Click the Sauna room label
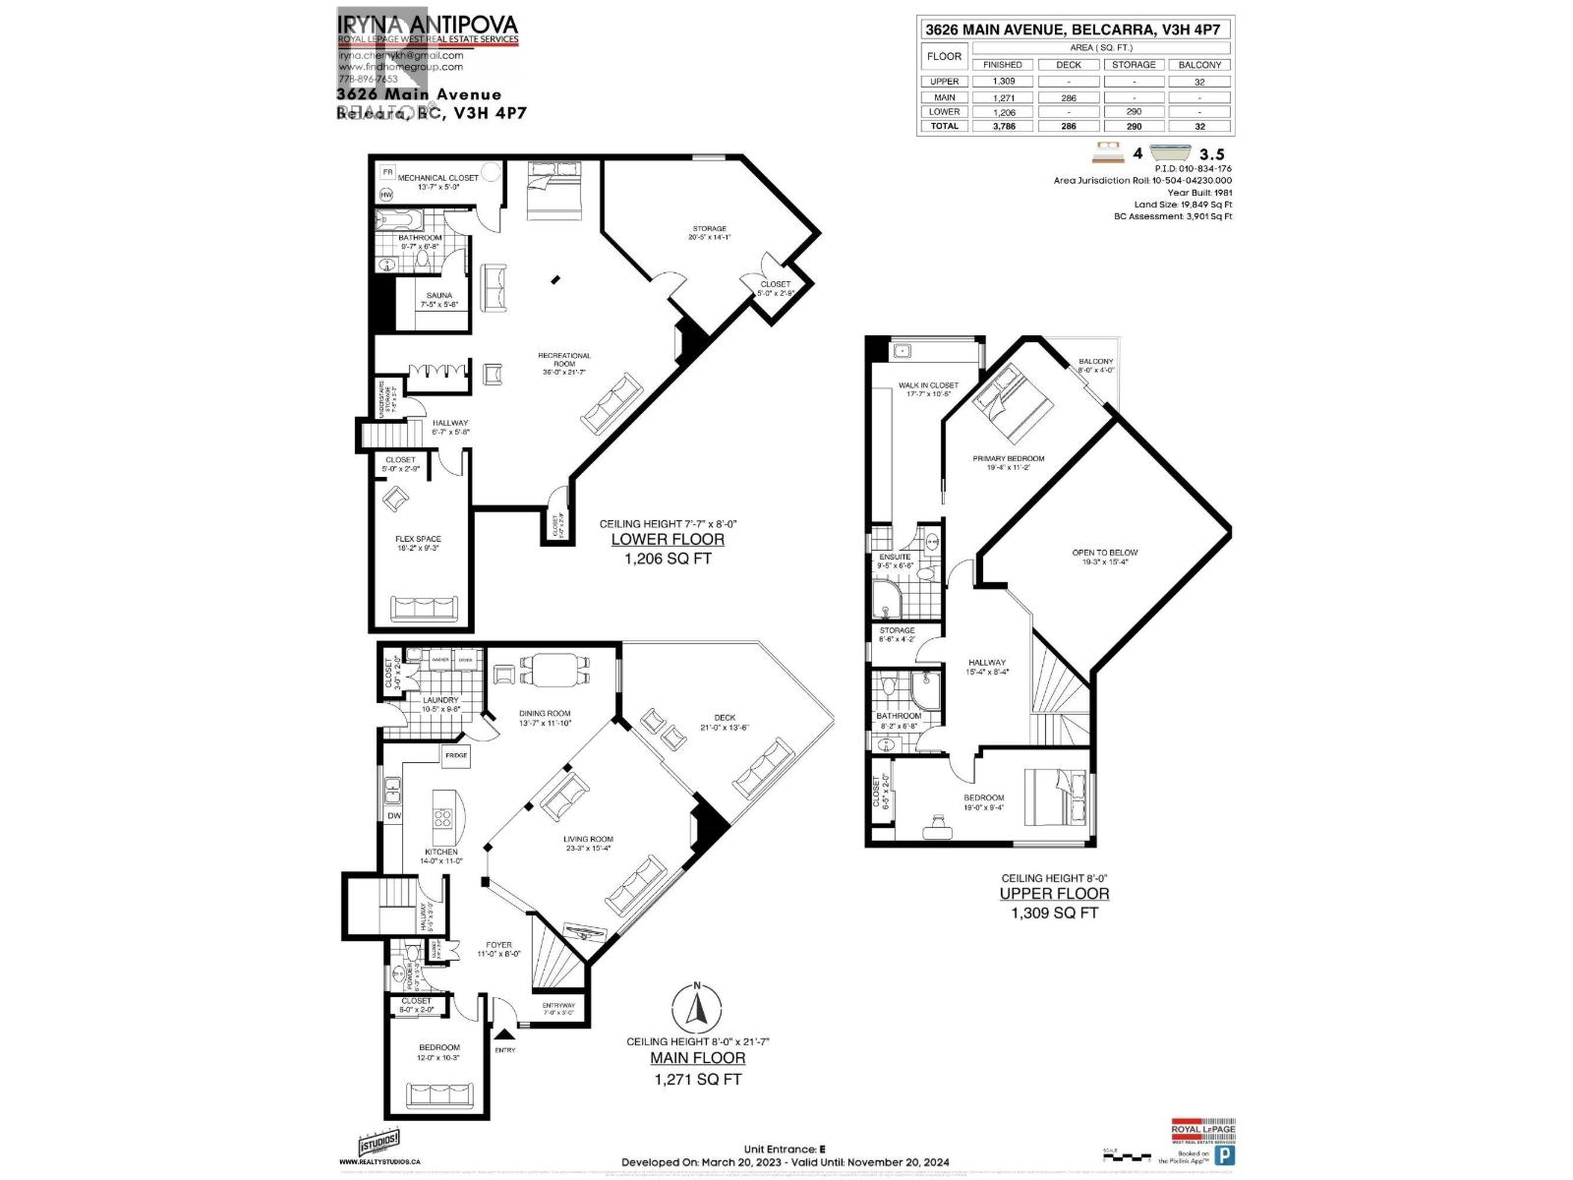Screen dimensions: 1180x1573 [439, 296]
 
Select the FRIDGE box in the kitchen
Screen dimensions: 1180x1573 [456, 755]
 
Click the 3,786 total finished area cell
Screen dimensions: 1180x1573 [1002, 126]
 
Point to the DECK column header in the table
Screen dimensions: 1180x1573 [1068, 64]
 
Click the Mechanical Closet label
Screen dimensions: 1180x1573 [438, 178]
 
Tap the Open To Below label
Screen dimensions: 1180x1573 [1105, 553]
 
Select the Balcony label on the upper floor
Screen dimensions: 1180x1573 [1095, 362]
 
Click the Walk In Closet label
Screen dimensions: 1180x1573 [927, 385]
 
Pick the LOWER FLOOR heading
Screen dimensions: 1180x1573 [668, 539]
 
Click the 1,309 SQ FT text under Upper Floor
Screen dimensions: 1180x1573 [1054, 913]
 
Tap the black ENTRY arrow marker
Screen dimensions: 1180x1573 [504, 1033]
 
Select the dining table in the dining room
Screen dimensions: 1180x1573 [554, 670]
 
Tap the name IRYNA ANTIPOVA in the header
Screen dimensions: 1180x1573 [427, 25]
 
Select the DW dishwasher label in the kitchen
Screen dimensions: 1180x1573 [394, 816]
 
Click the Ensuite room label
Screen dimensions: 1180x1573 [895, 557]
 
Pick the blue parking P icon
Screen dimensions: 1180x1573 [1224, 1155]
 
